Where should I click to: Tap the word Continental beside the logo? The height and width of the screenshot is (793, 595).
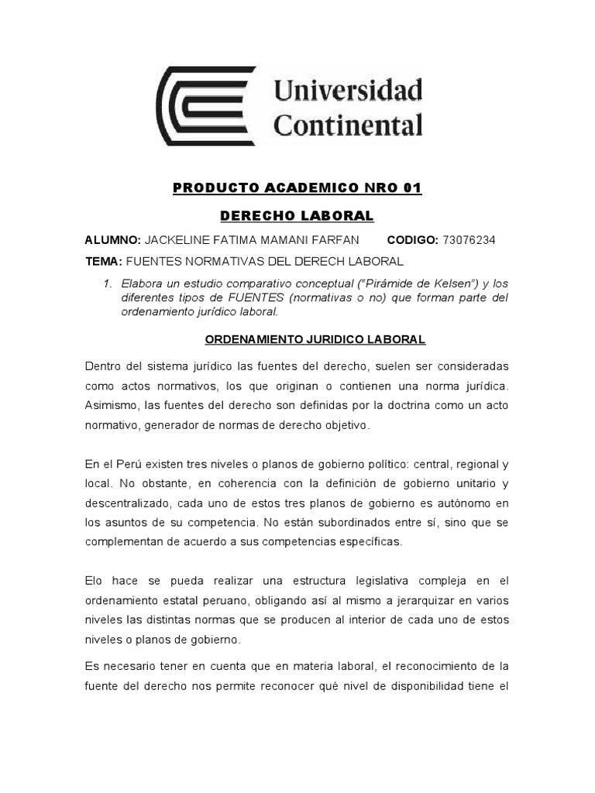(x=349, y=124)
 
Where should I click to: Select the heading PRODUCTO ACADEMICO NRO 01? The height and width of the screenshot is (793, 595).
(x=297, y=189)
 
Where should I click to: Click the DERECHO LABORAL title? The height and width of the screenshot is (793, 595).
(x=297, y=215)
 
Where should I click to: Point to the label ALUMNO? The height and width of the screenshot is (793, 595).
(x=113, y=240)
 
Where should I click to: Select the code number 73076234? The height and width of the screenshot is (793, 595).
(x=469, y=240)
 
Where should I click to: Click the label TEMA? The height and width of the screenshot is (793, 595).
(x=103, y=262)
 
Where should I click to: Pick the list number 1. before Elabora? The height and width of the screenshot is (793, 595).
(x=108, y=284)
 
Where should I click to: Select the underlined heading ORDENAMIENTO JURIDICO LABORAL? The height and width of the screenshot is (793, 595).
(x=315, y=339)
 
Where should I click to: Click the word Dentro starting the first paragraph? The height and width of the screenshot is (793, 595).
(x=104, y=366)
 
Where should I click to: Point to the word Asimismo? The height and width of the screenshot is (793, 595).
(x=112, y=406)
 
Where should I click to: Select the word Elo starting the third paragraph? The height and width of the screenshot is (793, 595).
(x=95, y=580)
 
